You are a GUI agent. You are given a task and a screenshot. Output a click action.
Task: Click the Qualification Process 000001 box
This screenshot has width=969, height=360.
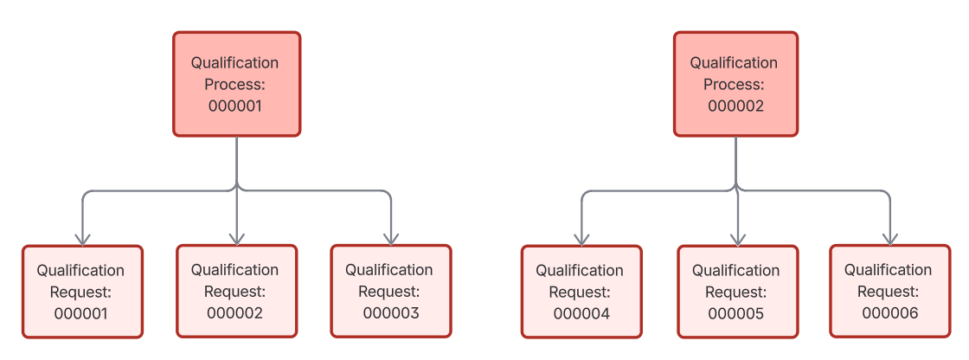click(x=236, y=84)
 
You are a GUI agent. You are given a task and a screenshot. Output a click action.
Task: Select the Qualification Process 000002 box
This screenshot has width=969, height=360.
click(x=735, y=84)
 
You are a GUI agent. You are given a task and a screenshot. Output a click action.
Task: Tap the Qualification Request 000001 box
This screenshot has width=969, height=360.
click(x=82, y=292)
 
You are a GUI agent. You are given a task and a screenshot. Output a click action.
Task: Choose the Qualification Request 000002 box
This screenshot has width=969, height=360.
click(x=236, y=291)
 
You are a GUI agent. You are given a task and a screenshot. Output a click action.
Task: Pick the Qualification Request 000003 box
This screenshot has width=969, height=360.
click(x=391, y=291)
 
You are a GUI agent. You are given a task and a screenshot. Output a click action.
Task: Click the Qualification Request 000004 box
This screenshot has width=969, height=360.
click(x=581, y=292)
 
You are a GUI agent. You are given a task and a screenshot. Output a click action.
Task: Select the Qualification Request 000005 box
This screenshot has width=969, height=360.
click(x=736, y=292)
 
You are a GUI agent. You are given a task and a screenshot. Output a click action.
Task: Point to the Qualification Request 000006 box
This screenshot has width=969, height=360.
click(x=889, y=291)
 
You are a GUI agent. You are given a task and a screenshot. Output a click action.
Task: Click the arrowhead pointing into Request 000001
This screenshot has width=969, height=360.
click(x=82, y=238)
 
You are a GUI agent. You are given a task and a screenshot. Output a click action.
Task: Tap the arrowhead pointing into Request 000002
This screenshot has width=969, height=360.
click(x=236, y=238)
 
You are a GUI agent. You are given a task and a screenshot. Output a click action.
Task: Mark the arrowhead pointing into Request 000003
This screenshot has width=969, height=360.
click(x=391, y=238)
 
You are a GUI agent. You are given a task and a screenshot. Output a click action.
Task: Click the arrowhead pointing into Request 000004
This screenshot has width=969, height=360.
click(x=581, y=238)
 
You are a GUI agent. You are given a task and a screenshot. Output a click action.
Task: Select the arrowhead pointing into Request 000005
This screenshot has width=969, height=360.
click(x=736, y=238)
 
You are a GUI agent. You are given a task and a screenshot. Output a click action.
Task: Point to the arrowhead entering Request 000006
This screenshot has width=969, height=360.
click(x=889, y=238)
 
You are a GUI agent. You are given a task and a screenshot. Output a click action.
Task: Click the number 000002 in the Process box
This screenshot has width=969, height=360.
click(x=735, y=106)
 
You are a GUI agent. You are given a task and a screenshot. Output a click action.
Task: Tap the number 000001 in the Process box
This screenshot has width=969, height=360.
click(x=235, y=106)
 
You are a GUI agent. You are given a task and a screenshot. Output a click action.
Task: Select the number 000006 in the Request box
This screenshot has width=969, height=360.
click(x=890, y=313)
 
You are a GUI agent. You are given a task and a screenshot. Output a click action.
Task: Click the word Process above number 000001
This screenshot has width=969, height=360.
click(x=234, y=85)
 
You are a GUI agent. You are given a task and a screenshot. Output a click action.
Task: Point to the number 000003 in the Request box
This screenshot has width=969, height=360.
click(x=391, y=313)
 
